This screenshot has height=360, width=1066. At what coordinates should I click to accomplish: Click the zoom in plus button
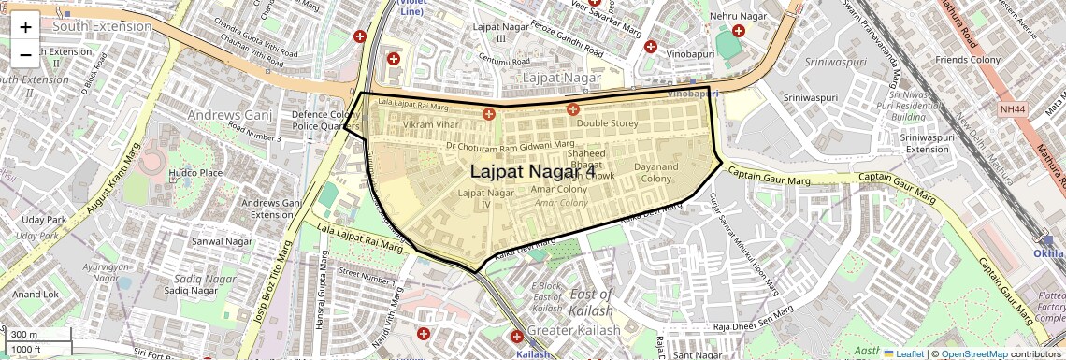click(x=25, y=27)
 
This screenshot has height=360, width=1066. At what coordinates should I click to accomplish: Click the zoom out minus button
click(x=25, y=54)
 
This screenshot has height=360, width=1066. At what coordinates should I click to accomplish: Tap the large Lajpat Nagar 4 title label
click(x=532, y=172)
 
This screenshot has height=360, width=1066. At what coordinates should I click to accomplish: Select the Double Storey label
click(x=607, y=123)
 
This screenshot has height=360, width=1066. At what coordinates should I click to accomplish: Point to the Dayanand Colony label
click(x=655, y=172)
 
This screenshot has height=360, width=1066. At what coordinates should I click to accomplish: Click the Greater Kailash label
click(x=573, y=331)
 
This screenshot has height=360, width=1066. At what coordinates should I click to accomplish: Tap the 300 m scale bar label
click(x=25, y=335)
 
